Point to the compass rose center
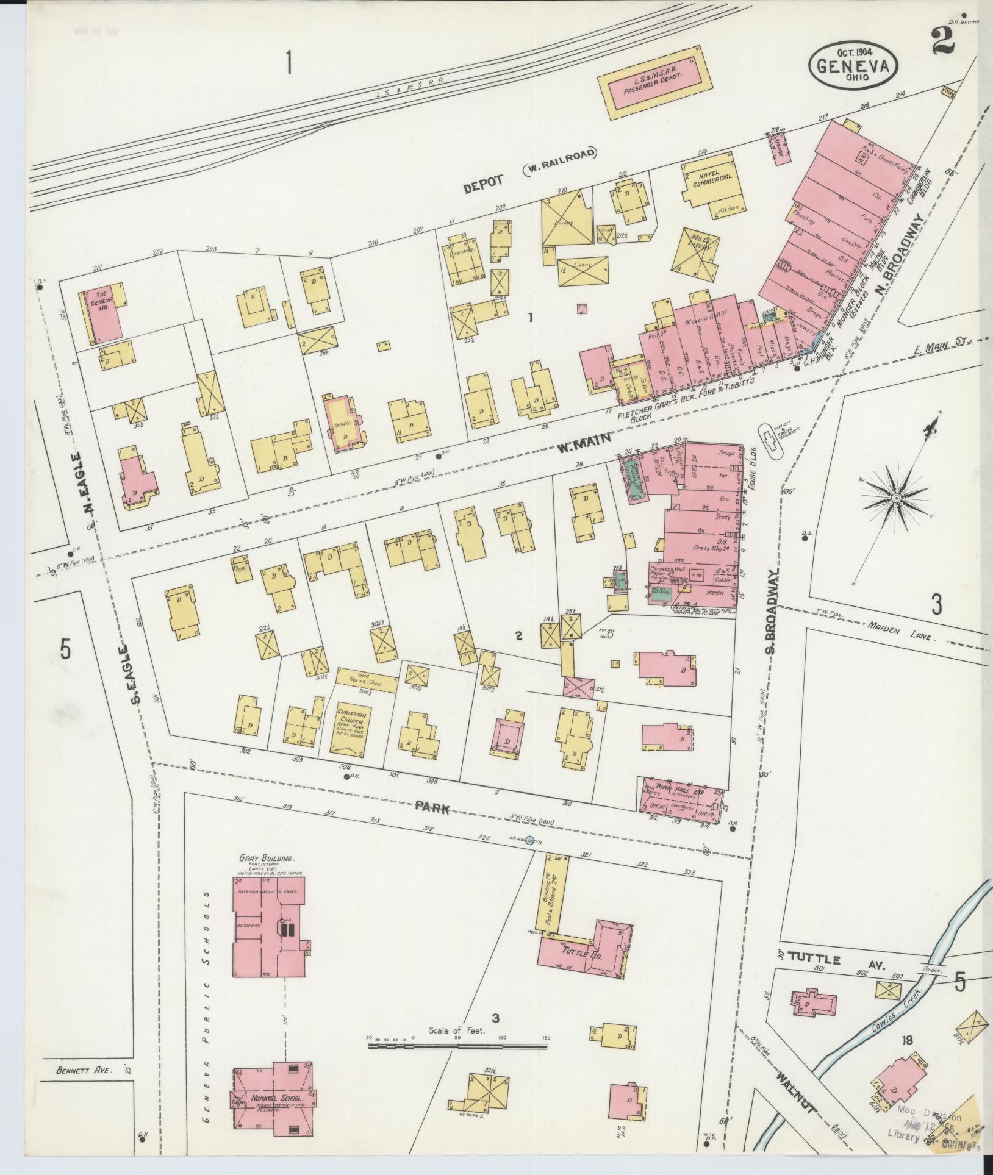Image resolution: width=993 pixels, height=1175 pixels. [896, 499]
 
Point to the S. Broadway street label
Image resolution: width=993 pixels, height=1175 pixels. [770, 612]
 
